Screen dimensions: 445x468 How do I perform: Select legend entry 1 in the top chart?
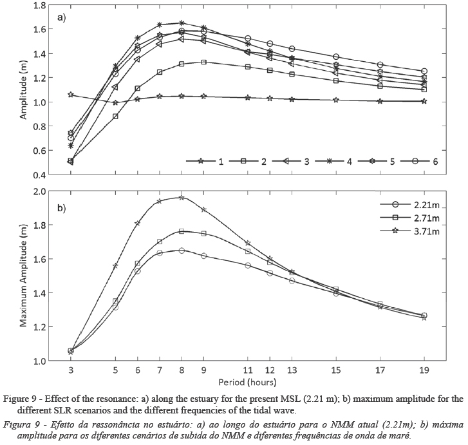click(x=221, y=162)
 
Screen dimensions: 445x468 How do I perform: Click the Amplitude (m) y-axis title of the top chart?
click(x=24, y=90)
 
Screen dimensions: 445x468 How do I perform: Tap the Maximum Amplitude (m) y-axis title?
click(x=24, y=276)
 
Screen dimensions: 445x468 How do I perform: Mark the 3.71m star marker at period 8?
click(x=182, y=198)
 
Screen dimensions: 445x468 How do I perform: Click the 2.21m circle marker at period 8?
click(x=182, y=251)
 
